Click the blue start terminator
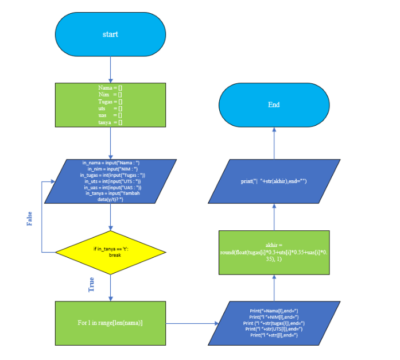(x=110, y=34)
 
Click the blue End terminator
(x=274, y=105)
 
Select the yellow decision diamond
(x=110, y=251)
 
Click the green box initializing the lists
(x=110, y=104)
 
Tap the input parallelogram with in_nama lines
(x=110, y=181)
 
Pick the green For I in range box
(x=110, y=323)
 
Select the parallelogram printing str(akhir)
(x=274, y=181)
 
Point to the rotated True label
(x=91, y=284)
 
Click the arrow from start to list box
(x=110, y=70)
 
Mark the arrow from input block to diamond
(x=110, y=217)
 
